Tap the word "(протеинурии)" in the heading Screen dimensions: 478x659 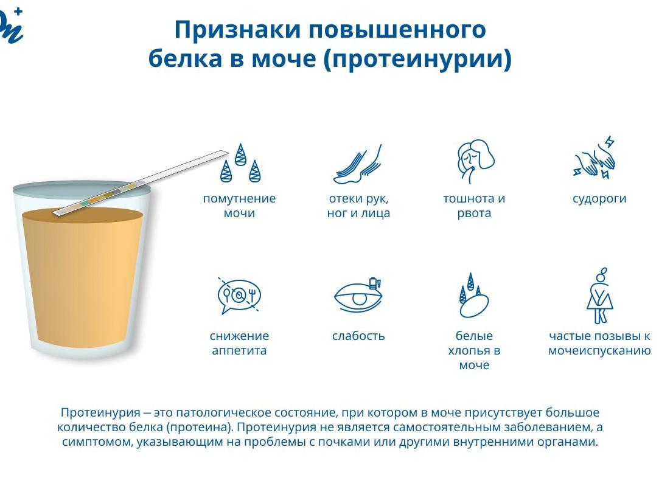click(418, 60)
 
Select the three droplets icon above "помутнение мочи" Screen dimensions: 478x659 click(240, 164)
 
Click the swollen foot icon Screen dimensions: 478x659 click(358, 164)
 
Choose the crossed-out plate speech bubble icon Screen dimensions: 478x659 click(239, 296)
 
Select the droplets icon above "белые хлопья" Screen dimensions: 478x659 click(473, 296)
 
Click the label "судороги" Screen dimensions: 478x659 click(599, 199)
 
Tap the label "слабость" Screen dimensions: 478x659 click(358, 336)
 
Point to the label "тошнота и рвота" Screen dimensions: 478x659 click(474, 206)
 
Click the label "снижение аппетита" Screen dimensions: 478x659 click(239, 343)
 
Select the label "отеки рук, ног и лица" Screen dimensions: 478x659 click(358, 206)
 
